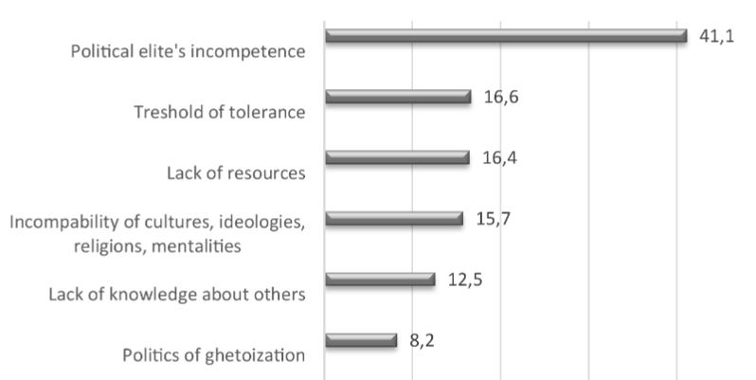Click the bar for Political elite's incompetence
[x=505, y=36]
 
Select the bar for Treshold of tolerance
[x=398, y=97]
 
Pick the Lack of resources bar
[x=397, y=158]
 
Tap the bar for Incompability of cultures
[x=393, y=219]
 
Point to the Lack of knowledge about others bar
[x=379, y=280]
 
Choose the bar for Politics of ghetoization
[x=360, y=340]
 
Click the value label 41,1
[x=715, y=37]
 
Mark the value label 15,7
[x=493, y=218]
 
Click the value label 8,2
[x=422, y=338]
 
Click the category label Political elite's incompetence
[x=188, y=51]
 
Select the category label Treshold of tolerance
[x=219, y=113]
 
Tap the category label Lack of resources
[x=235, y=173]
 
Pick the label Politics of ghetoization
[x=214, y=356]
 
